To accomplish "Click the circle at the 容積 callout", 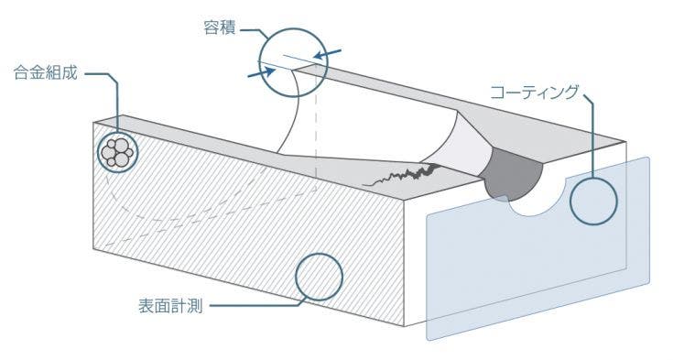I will coord(291,62).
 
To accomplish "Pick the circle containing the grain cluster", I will coord(117,151).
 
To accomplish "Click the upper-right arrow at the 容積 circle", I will coord(334,53).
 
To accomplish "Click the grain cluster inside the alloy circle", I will coord(117,152).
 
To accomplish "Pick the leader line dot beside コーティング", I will coord(582,92).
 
